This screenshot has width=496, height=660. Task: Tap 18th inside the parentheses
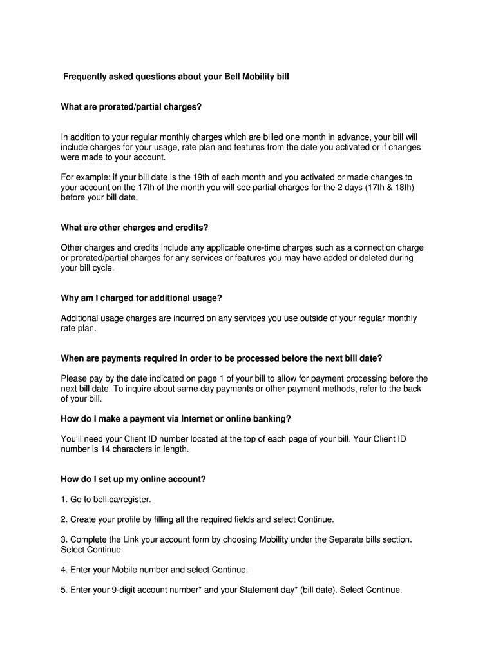[399, 188]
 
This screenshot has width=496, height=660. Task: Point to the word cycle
[101, 268]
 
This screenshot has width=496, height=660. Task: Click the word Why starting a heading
[70, 298]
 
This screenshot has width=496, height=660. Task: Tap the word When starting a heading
[73, 358]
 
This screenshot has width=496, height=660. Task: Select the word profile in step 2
[133, 519]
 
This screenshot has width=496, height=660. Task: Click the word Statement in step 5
[252, 590]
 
